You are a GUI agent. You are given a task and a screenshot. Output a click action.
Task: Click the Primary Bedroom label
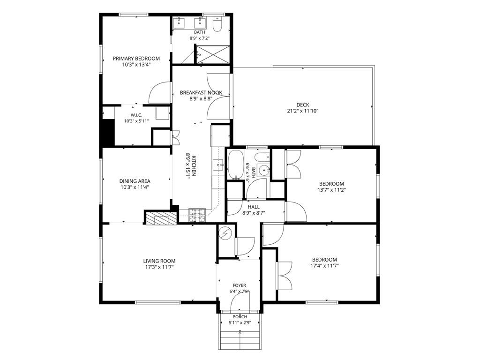tap(136, 59)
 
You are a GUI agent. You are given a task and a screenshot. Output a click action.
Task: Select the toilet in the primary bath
tap(217, 24)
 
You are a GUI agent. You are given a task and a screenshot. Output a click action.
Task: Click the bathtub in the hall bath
tap(236, 165)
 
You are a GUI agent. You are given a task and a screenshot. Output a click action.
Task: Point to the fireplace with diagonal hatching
tap(161, 217)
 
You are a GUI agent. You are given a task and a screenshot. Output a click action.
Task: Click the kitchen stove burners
tap(197, 215)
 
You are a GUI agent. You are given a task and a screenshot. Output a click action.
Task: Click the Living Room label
tap(159, 261)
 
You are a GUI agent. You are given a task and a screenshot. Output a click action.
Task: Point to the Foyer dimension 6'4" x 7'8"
tap(239, 292)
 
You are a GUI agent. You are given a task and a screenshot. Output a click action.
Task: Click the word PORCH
tap(240, 316)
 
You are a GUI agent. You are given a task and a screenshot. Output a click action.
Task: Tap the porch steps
tap(240, 340)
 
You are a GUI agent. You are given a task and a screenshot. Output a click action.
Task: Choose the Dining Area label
tap(135, 181)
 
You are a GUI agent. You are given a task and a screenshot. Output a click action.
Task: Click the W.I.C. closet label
tap(136, 115)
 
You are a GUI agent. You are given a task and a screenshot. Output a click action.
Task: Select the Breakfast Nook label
tap(201, 92)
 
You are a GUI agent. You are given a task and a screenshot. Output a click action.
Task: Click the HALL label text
tap(254, 207)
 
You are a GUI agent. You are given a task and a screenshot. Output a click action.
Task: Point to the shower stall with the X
tap(213, 54)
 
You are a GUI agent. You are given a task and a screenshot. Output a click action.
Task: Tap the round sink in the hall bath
tap(263, 169)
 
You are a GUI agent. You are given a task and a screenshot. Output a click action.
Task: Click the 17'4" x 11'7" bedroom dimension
tap(324, 266)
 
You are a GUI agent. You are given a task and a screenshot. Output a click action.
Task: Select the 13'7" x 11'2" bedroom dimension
tap(331, 190)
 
